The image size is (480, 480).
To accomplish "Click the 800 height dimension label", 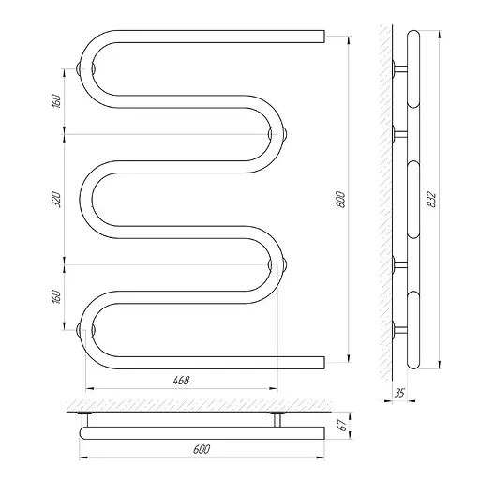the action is (341, 200).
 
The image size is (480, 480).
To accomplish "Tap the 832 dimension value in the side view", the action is (431, 200).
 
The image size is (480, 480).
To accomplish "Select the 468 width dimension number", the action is (182, 381).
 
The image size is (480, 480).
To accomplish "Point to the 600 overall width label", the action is (202, 449).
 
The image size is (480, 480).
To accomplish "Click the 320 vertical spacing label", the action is (57, 200).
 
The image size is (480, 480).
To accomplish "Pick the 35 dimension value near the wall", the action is (399, 393).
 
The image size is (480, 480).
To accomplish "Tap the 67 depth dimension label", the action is (342, 425).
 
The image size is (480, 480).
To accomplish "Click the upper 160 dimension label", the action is (57, 101).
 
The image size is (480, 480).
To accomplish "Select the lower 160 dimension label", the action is (57, 297).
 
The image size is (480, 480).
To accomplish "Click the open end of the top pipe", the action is (324, 37).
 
